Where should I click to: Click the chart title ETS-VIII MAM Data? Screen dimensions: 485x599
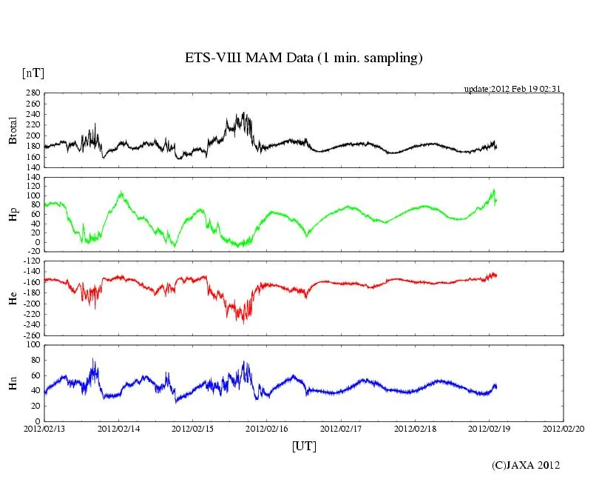[x=303, y=58]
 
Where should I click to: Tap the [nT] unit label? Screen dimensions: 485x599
[x=33, y=73]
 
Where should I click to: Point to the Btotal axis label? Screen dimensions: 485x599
[x=13, y=130]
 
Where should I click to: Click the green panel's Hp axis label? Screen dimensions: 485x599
[x=13, y=214]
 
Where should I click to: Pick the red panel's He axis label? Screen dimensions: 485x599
[x=13, y=298]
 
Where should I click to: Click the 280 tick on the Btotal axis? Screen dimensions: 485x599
[x=33, y=93]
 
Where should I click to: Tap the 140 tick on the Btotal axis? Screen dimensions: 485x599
[x=33, y=167]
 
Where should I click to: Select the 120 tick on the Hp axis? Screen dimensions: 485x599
[x=33, y=178]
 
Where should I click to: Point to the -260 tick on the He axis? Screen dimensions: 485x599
[x=30, y=335]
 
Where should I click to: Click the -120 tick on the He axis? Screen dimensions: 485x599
[x=30, y=261]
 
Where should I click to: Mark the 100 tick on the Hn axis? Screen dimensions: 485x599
[x=33, y=345]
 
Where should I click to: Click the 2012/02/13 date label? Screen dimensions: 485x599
[x=44, y=429]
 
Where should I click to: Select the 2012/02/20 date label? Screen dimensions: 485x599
[x=564, y=429]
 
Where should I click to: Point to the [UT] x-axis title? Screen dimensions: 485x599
[x=304, y=446]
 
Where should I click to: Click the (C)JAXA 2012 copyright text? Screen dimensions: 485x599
[x=526, y=465]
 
